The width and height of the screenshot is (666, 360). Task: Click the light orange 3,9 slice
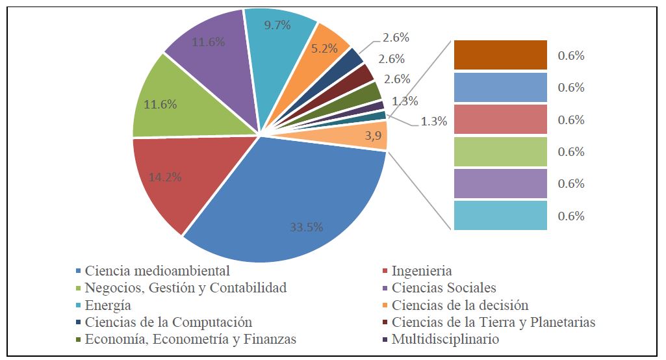tap(364, 135)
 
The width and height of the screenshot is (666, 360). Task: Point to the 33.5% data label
tap(306, 227)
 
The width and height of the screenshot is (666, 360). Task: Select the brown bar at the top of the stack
tap(500, 55)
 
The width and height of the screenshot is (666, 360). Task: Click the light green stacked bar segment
tap(500, 151)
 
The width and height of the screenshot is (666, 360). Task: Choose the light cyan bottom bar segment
tap(500, 216)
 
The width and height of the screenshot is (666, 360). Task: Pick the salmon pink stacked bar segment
tap(500, 120)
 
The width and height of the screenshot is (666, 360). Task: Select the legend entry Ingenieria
tap(422, 271)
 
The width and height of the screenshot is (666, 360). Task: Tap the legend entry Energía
tap(108, 305)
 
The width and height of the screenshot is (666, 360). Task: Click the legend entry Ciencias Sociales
tap(444, 288)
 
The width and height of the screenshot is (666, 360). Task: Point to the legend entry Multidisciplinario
tap(445, 339)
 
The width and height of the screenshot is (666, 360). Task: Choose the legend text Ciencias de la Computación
tap(168, 322)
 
